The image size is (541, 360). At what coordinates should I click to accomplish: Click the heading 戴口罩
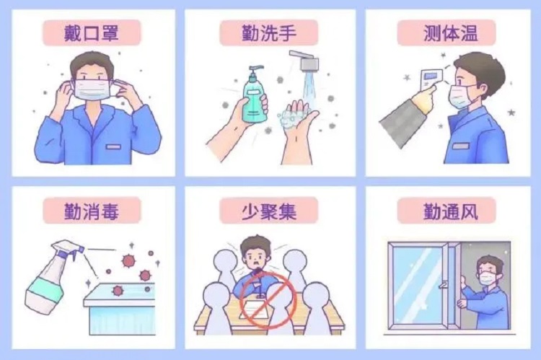(92, 33)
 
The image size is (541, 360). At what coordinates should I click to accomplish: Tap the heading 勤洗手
(269, 33)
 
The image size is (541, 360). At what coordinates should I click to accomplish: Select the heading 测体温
(451, 33)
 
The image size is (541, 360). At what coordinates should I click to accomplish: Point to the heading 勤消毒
(92, 211)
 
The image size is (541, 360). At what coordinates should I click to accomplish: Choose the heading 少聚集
(269, 211)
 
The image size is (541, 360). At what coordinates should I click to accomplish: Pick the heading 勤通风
(451, 211)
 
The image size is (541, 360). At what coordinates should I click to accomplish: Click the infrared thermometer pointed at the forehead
(431, 79)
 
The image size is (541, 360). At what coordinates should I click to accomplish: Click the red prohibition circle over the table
(268, 300)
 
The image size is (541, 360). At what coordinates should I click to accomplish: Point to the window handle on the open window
(443, 285)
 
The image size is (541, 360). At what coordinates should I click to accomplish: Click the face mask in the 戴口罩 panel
(94, 89)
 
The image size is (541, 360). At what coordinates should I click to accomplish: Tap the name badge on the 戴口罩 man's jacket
(113, 146)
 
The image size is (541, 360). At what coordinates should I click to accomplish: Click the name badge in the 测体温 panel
(461, 146)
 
